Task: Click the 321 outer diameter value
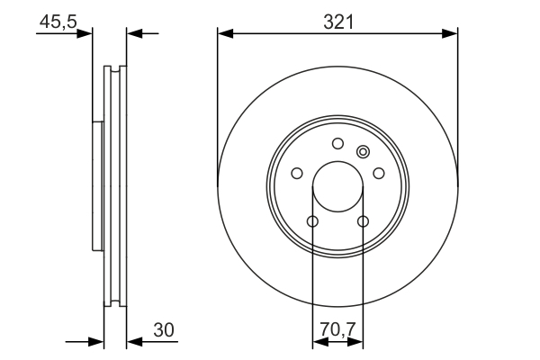click(x=338, y=22)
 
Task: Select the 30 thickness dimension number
click(x=163, y=330)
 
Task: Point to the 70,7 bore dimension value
click(x=338, y=330)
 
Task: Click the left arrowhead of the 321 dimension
click(x=225, y=34)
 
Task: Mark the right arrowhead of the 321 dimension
click(x=451, y=34)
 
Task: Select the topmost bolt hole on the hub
click(x=338, y=143)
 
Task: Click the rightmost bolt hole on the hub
click(x=379, y=173)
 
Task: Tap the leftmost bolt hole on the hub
click(x=297, y=173)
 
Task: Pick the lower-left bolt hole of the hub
click(x=312, y=221)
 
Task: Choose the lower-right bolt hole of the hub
click(x=364, y=221)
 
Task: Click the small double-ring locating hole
click(x=363, y=151)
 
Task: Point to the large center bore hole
click(x=338, y=187)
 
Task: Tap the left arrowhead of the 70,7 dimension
click(x=319, y=342)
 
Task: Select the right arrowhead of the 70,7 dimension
click(x=357, y=342)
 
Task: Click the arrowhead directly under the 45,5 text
click(x=85, y=34)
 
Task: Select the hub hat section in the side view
click(x=97, y=184)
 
